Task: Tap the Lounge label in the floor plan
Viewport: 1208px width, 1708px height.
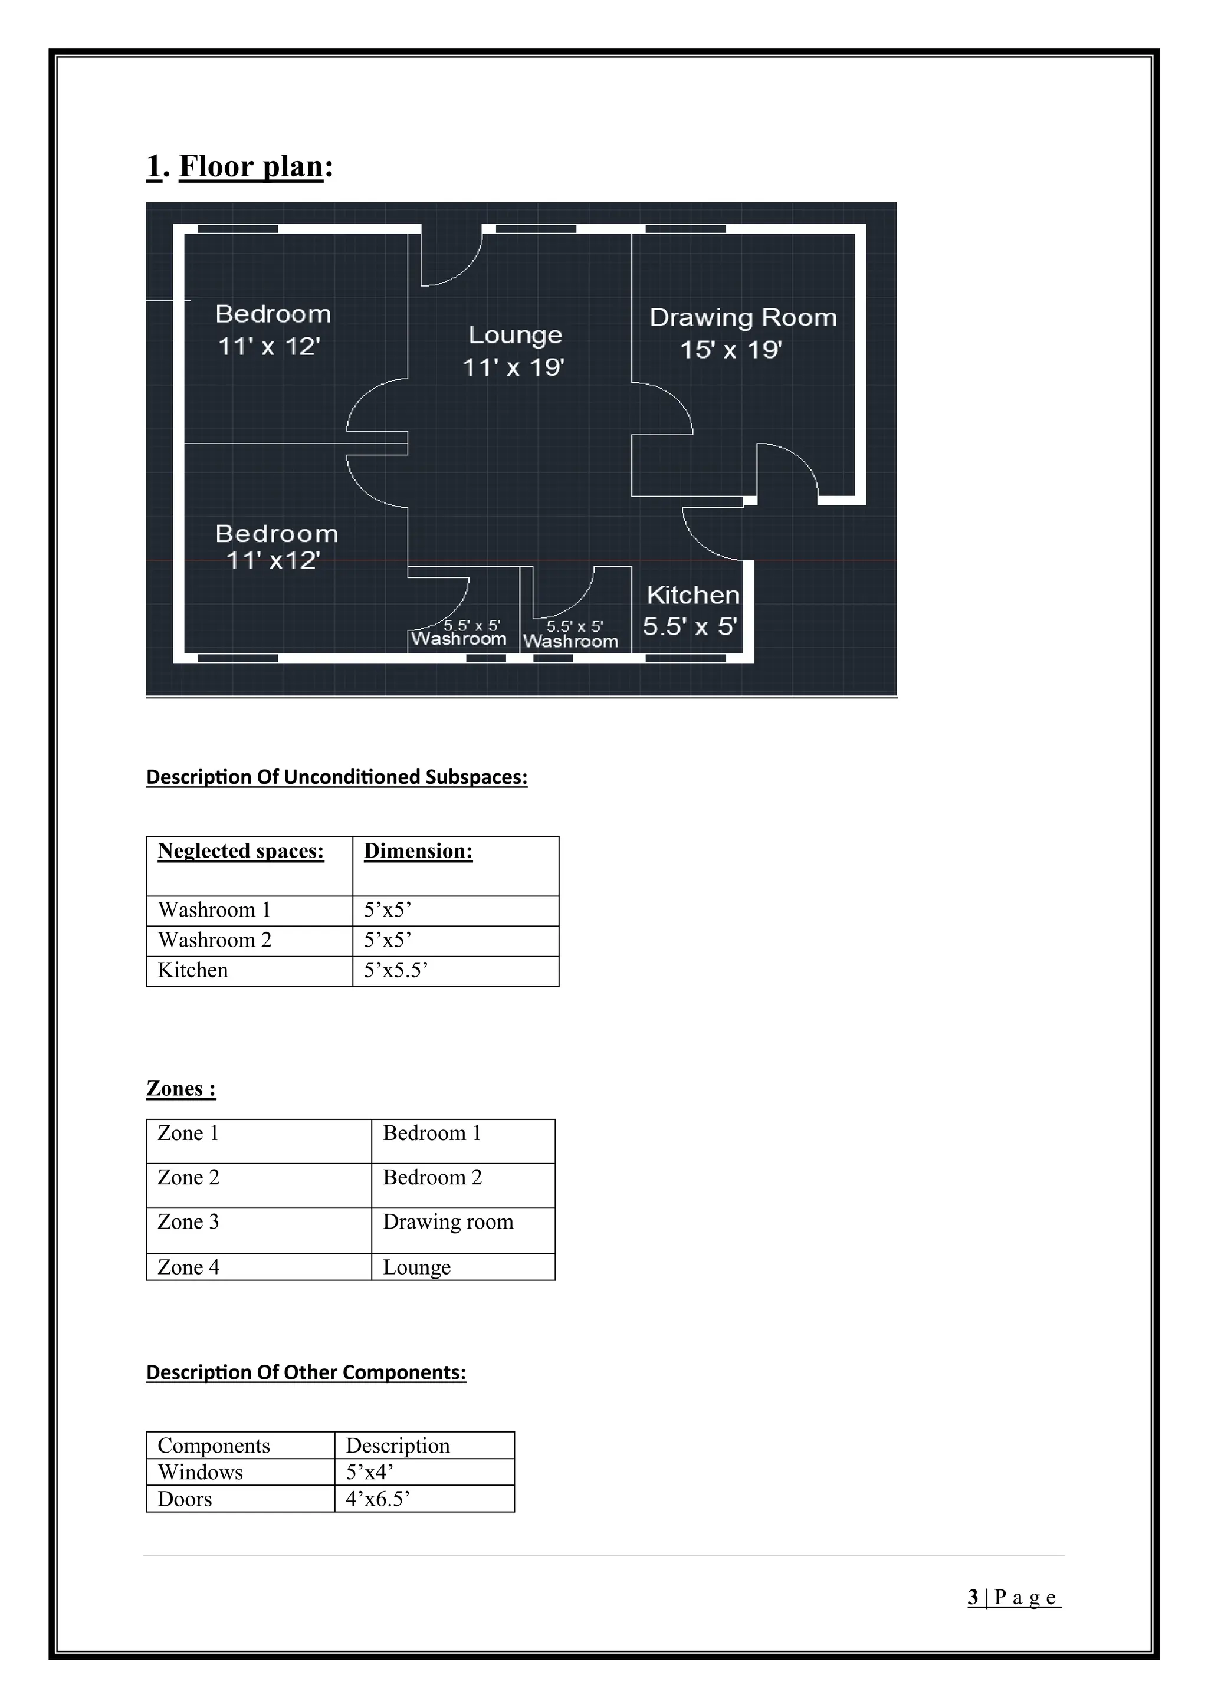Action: tap(515, 335)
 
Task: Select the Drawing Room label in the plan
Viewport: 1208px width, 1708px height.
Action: tap(743, 318)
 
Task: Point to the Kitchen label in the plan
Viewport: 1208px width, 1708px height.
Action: tap(692, 595)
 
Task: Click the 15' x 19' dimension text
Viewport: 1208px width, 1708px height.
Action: tap(731, 350)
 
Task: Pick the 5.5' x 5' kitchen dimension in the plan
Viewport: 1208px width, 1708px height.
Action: tap(690, 626)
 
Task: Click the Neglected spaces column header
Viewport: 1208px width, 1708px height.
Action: tap(241, 851)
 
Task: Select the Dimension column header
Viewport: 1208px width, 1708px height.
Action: tap(418, 851)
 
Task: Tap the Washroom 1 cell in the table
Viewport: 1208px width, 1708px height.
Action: tap(214, 910)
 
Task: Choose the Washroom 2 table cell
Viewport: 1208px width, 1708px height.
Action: tap(214, 940)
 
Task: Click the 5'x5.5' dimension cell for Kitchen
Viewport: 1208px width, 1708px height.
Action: tap(396, 970)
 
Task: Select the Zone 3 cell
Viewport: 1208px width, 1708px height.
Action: tap(188, 1221)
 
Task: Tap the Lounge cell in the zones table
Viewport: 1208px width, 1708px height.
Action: tap(416, 1267)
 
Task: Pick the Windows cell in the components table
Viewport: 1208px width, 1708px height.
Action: tap(200, 1472)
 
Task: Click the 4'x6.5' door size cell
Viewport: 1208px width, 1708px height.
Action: tap(378, 1499)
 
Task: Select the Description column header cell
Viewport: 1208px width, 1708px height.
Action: tap(398, 1446)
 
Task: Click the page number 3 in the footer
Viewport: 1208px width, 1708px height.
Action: tap(973, 1597)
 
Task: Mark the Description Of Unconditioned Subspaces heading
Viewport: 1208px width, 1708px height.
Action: tap(336, 777)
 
